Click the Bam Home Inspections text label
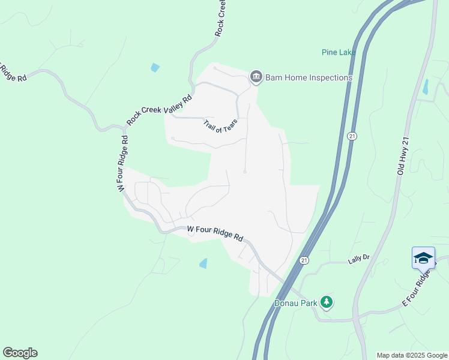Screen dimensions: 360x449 pyautogui.click(x=309, y=77)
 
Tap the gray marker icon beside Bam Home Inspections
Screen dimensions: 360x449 pyautogui.click(x=256, y=77)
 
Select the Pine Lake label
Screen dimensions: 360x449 pyautogui.click(x=337, y=52)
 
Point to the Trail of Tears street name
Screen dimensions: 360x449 pyautogui.click(x=220, y=125)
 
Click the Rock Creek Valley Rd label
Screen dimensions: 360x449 pyautogui.click(x=159, y=110)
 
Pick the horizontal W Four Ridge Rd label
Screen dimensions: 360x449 pyautogui.click(x=214, y=233)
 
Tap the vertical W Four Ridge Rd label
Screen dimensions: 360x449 pyautogui.click(x=122, y=164)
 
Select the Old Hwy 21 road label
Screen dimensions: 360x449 pyautogui.click(x=403, y=156)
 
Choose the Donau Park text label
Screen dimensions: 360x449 pyautogui.click(x=295, y=303)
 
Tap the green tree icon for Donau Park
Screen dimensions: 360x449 pyautogui.click(x=327, y=302)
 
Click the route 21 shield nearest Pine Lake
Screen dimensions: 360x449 pyautogui.click(x=352, y=137)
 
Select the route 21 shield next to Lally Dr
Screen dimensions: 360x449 pyautogui.click(x=304, y=260)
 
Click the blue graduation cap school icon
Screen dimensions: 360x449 pyautogui.click(x=423, y=257)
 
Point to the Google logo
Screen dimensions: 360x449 pyautogui.click(x=20, y=353)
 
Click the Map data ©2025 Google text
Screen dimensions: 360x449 pyautogui.click(x=412, y=355)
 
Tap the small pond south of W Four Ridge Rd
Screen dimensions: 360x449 pyautogui.click(x=203, y=263)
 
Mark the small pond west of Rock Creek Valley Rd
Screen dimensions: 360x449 pyautogui.click(x=155, y=68)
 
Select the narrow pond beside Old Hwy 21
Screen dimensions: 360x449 pyautogui.click(x=426, y=87)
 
